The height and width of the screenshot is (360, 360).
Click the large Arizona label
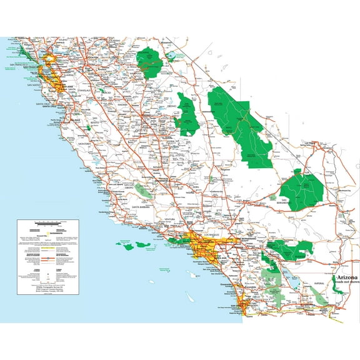pyautogui.click(x=347, y=276)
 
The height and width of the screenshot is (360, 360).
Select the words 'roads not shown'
pyautogui.click(x=347, y=282)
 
